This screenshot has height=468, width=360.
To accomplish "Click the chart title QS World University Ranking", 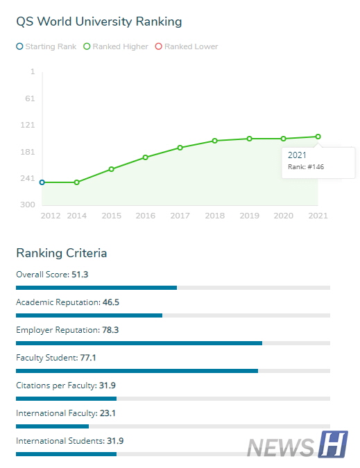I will point(98,21).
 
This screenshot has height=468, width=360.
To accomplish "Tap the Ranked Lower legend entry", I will point(187,46).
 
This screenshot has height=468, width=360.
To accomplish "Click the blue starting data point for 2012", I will point(42,182).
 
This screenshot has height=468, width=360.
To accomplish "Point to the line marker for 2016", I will point(146,157).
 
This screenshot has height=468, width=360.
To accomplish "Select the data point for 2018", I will point(215,141).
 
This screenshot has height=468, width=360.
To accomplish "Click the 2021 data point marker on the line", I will point(318,137).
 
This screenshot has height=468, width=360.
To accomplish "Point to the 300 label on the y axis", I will point(27,205).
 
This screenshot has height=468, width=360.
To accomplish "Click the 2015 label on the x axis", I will point(111,216).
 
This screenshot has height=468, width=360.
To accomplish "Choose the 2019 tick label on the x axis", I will point(249,216).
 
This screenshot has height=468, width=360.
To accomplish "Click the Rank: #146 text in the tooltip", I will point(306,167).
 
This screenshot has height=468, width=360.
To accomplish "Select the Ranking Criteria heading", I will point(61,252).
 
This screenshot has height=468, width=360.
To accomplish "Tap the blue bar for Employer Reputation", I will point(139,343).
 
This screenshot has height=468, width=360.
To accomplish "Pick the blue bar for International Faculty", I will point(52,426).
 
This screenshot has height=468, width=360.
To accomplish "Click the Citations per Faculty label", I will point(55,385).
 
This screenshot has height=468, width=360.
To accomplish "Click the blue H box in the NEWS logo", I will point(333,444).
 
